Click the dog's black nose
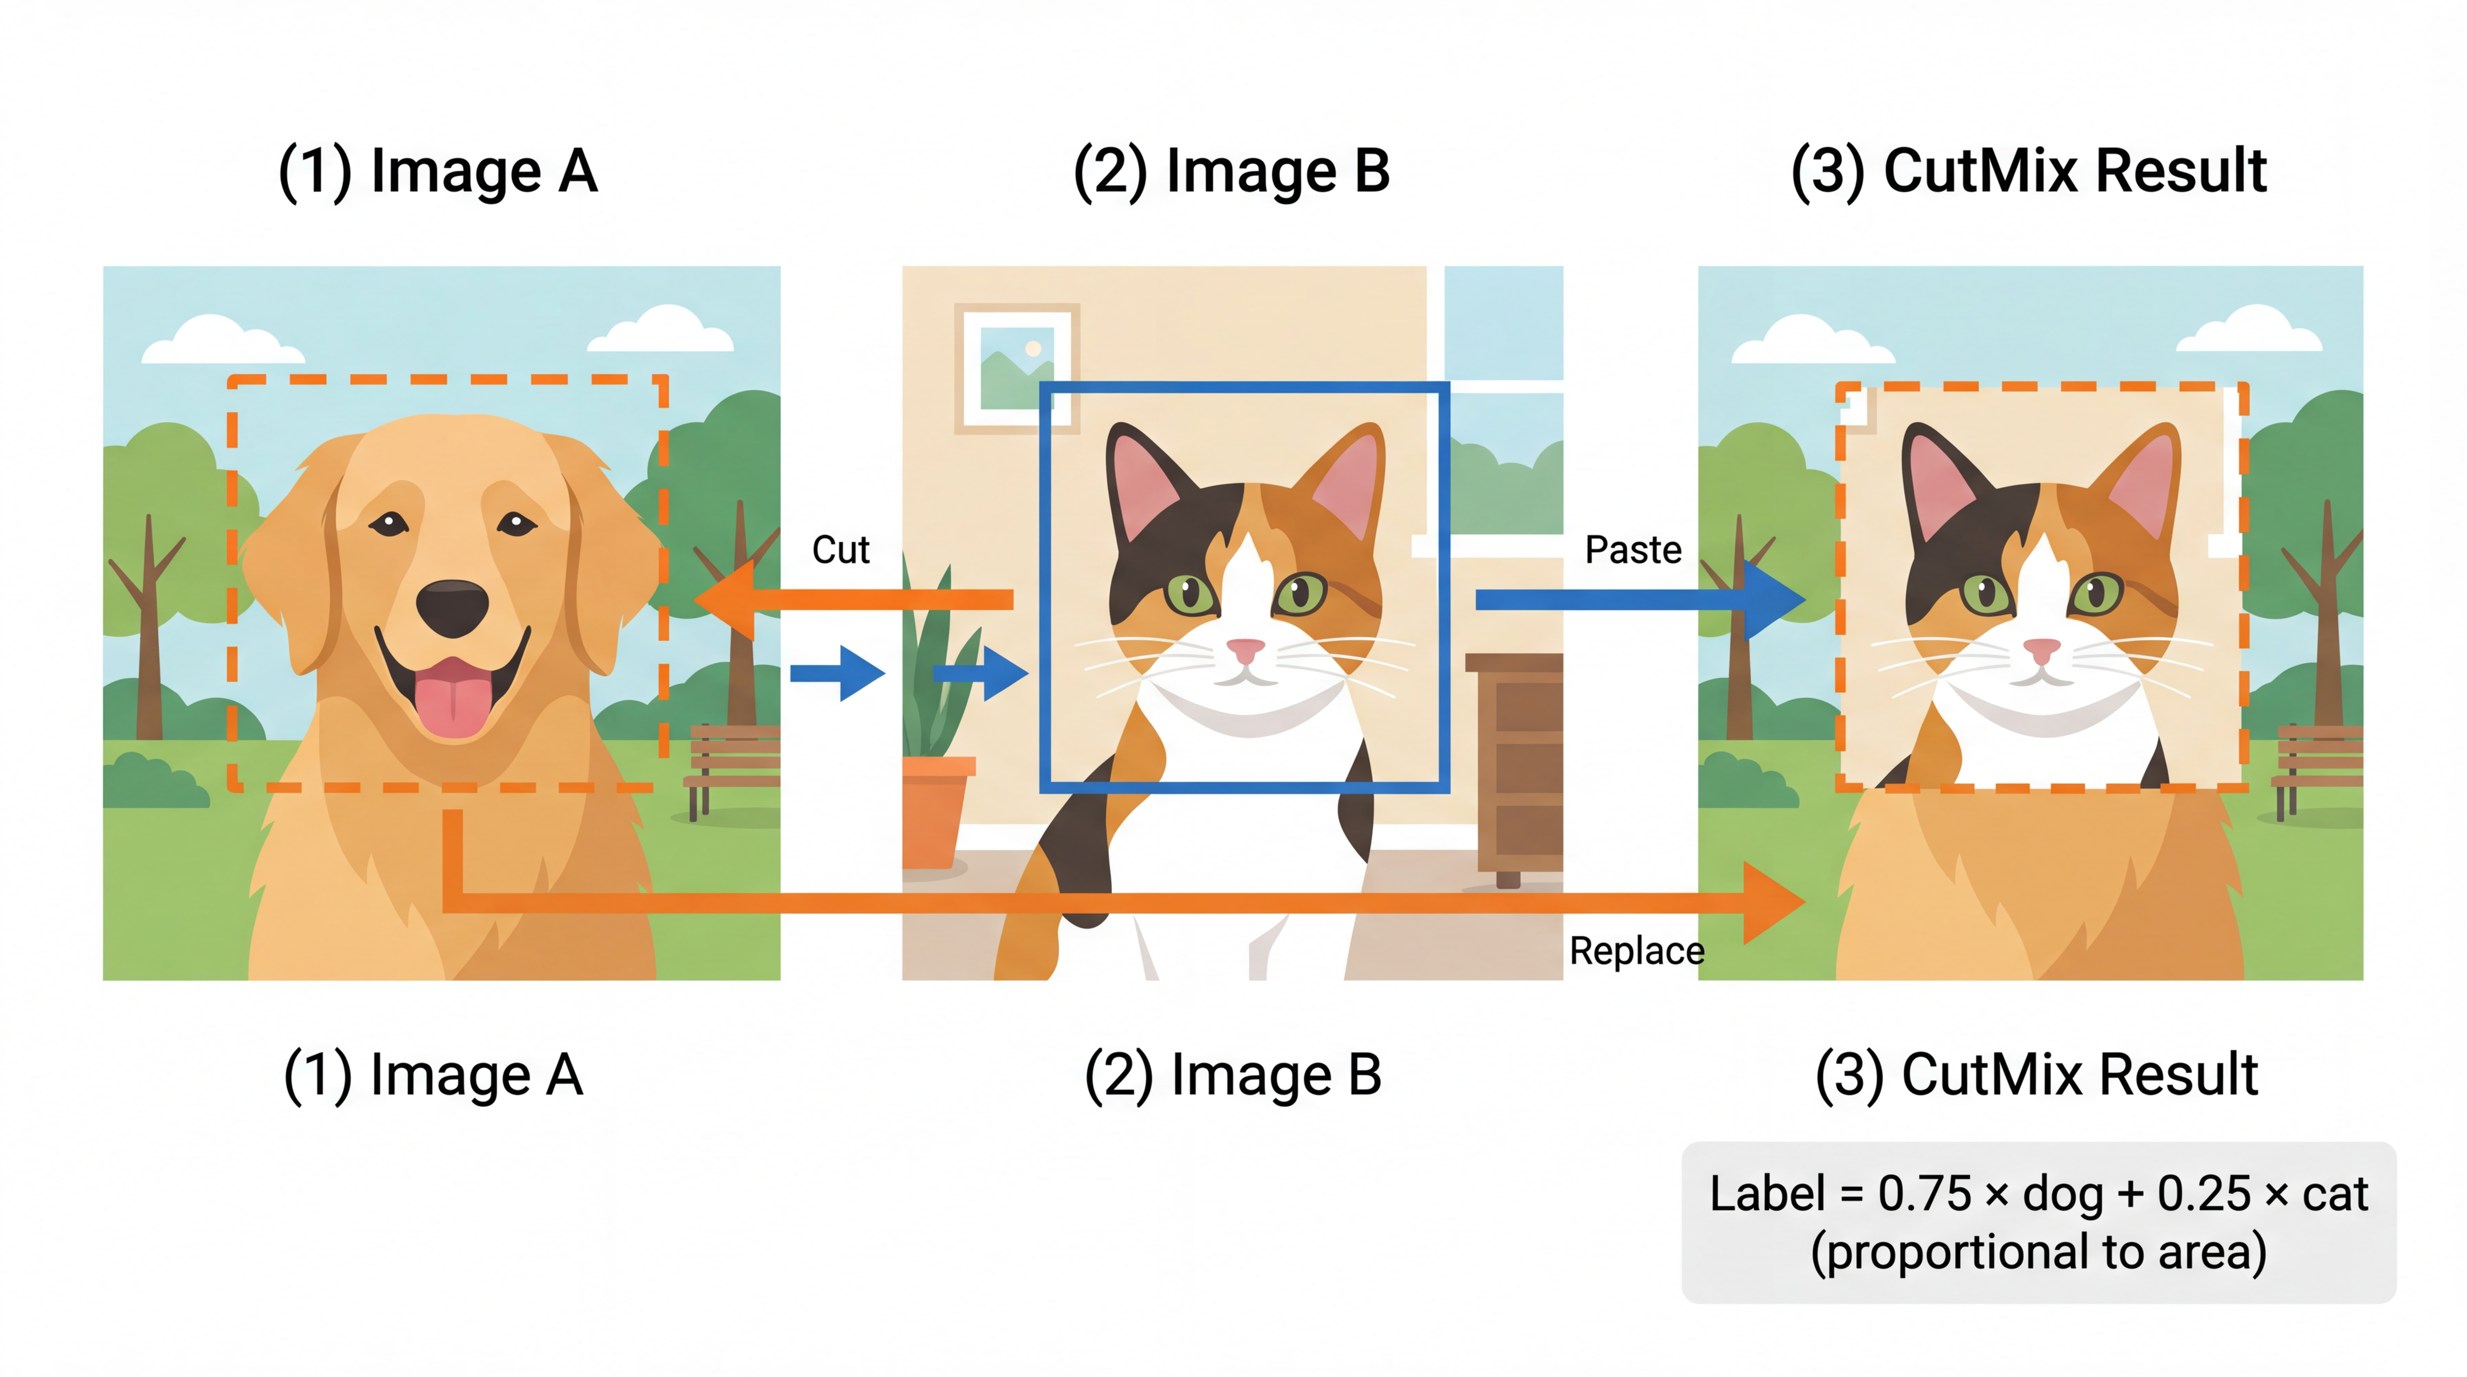tap(452, 607)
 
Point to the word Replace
tap(1637, 951)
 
